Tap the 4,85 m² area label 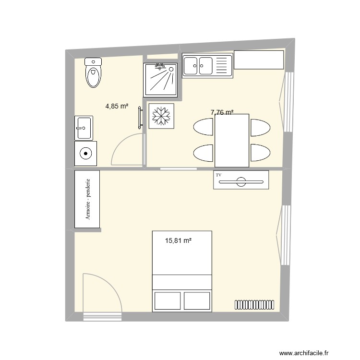117,106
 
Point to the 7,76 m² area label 222,113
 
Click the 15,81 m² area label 178,241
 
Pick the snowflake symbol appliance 161,116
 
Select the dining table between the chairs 232,140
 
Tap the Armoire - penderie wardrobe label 87,199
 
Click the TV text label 219,176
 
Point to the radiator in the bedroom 254,304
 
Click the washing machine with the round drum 85,154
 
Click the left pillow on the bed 167,300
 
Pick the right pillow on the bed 197,300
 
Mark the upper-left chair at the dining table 204,128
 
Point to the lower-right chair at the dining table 260,153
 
